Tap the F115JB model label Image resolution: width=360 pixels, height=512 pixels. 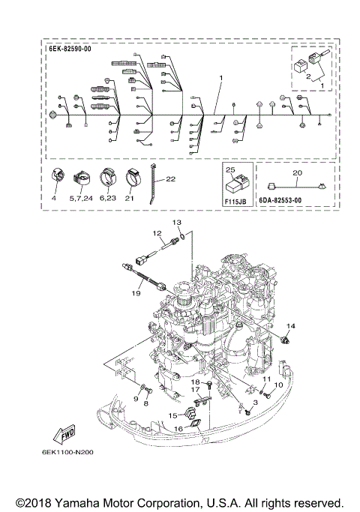click(x=237, y=202)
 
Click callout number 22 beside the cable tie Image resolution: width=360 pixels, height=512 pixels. click(x=170, y=179)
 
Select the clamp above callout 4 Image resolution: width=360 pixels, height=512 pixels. click(x=56, y=178)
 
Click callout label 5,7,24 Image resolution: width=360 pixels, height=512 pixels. click(x=81, y=199)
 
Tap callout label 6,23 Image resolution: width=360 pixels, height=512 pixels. click(x=107, y=199)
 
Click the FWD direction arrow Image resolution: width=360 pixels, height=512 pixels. click(x=64, y=434)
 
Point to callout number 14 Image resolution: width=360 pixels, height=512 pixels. click(x=290, y=325)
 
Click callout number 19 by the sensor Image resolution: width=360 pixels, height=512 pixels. click(x=136, y=294)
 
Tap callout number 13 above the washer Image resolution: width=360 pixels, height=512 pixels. click(x=178, y=223)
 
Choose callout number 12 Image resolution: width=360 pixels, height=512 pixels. click(x=158, y=234)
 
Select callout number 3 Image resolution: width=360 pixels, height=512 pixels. click(x=254, y=403)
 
